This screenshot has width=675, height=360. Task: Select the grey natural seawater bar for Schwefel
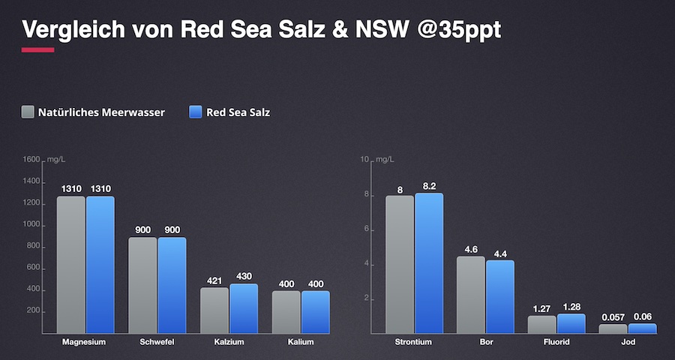pos(142,285)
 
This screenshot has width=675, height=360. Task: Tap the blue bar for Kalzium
pos(244,308)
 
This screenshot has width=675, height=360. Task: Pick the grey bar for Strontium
pos(400,264)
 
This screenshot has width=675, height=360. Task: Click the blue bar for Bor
pos(500,296)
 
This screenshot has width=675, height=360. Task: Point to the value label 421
pos(214,280)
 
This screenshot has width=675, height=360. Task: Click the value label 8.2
pos(429,185)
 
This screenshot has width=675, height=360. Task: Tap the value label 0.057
pos(613,317)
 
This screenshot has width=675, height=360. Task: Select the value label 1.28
pos(571,307)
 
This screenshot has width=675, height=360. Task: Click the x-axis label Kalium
pos(301,343)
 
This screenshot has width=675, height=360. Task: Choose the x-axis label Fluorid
pos(556,343)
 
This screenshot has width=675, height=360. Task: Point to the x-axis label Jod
pos(628,343)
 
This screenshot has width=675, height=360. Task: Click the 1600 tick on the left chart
pos(31,160)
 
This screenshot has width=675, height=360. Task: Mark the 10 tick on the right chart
pos(365,160)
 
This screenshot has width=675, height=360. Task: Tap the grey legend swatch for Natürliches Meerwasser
pos(28,112)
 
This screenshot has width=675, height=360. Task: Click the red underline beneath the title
pos(38,50)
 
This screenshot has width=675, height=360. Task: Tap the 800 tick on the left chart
pos(34,246)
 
